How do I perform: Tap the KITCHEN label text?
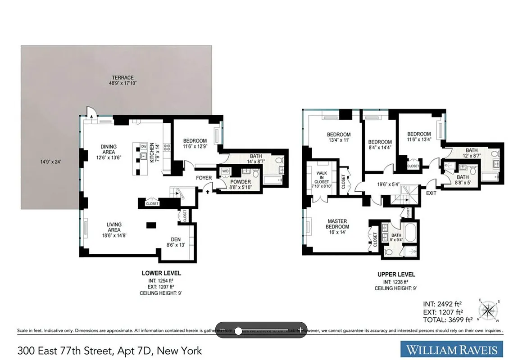(152, 153)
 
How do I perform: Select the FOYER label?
(204, 178)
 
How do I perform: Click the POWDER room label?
(241, 182)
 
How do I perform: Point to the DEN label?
(176, 239)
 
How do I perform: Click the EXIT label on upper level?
(431, 193)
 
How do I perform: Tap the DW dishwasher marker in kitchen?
(144, 147)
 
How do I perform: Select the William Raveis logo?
(451, 350)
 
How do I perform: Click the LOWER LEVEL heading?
(161, 273)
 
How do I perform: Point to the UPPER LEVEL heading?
(396, 274)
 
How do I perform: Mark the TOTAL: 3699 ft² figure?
(447, 320)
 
